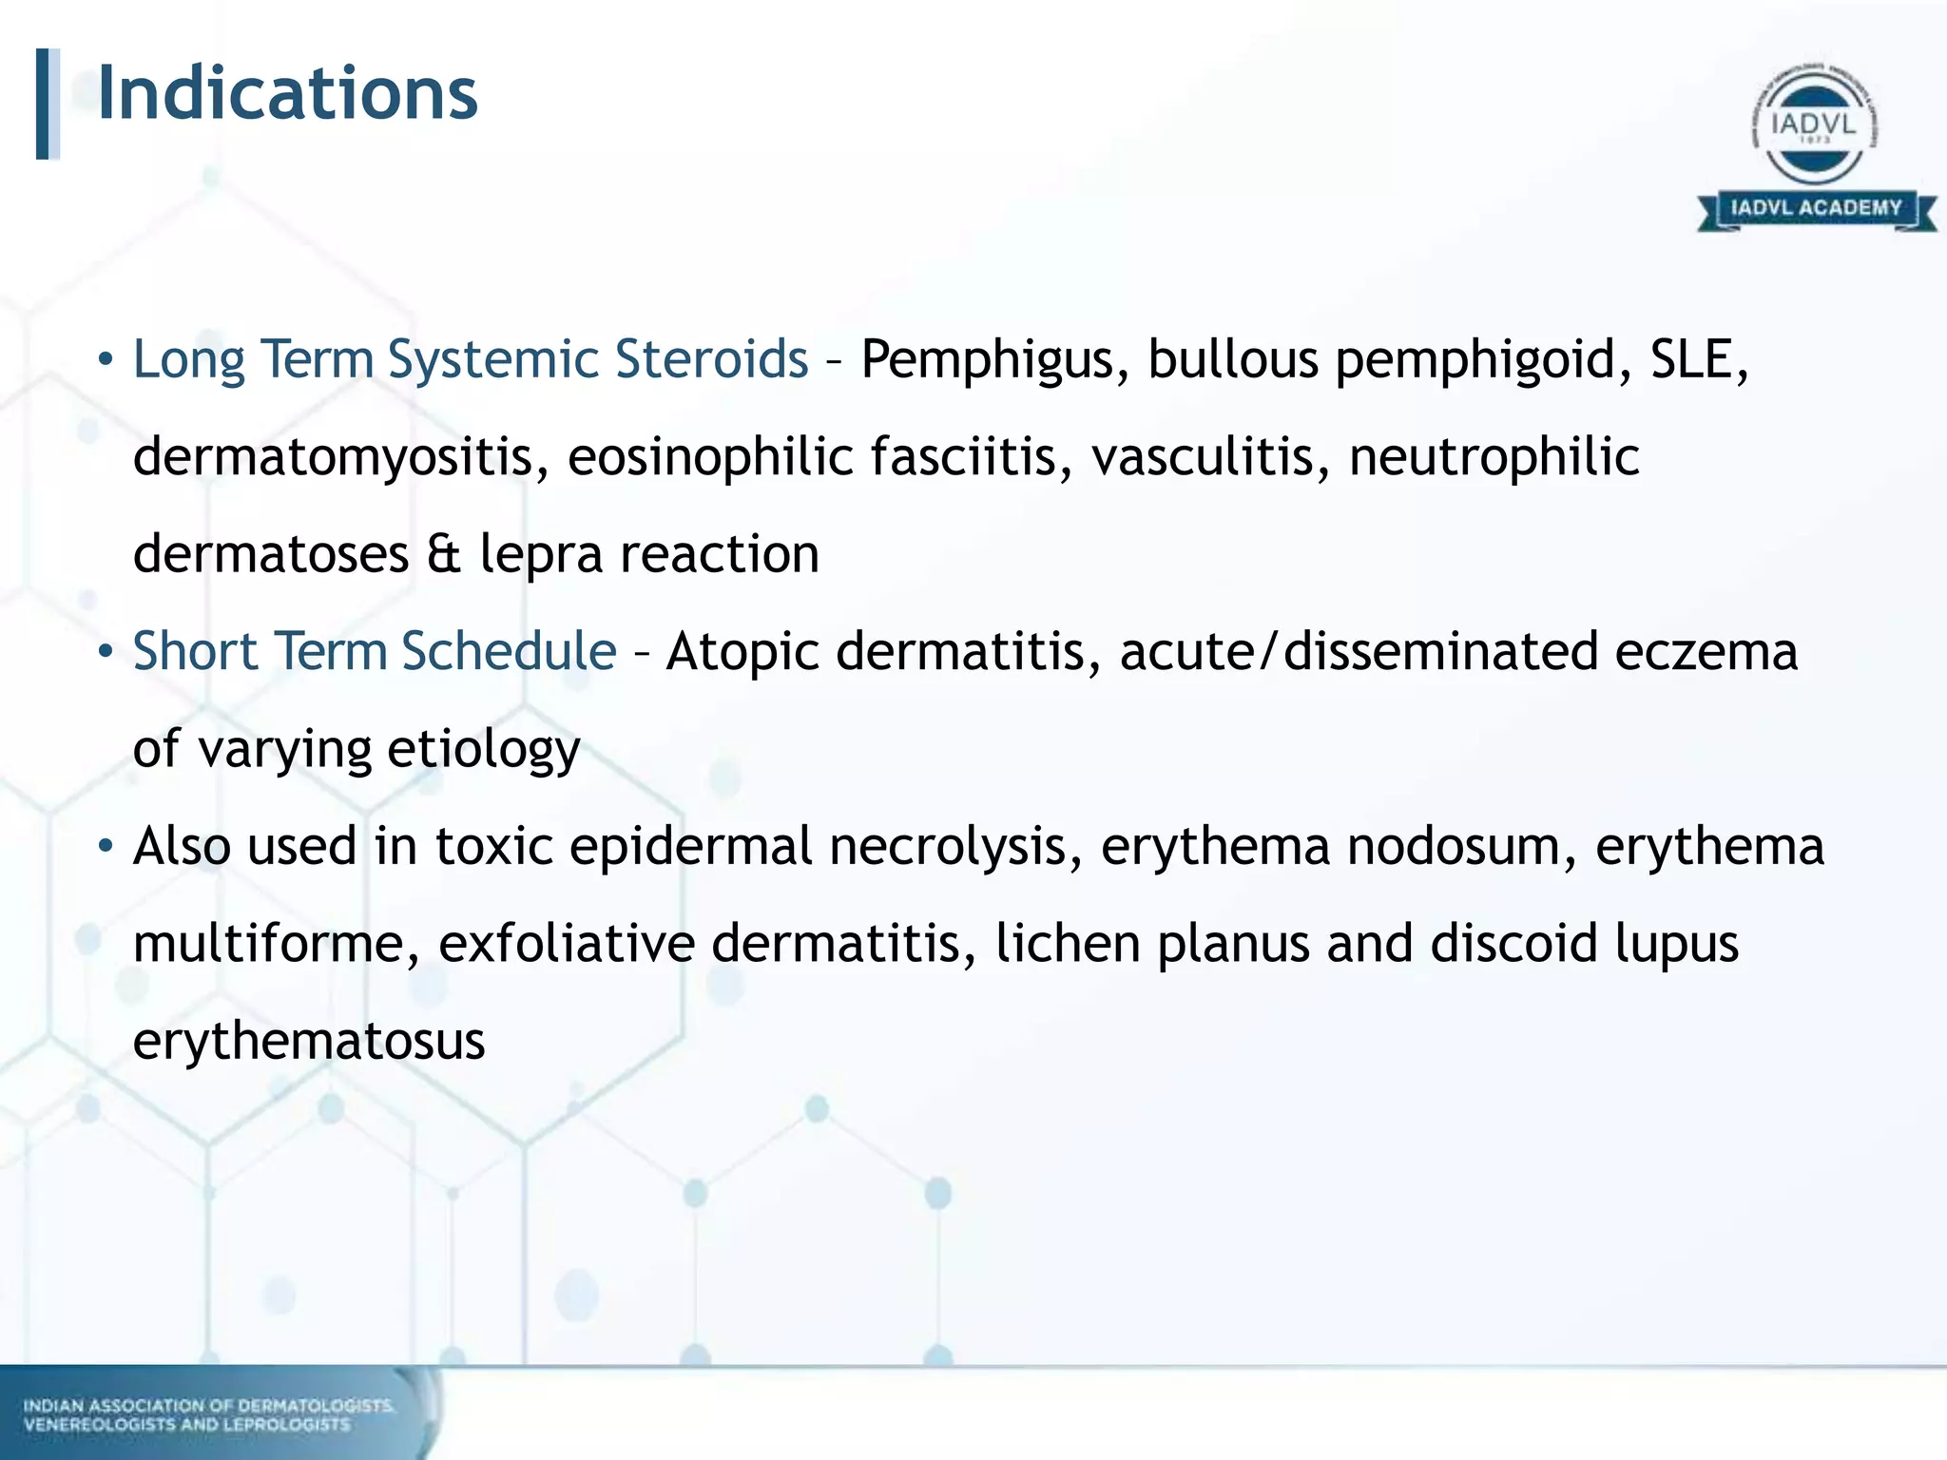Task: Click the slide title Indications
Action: tap(287, 94)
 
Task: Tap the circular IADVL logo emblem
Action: tap(1814, 125)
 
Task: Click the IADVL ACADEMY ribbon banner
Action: tap(1816, 208)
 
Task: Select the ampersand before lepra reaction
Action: tap(444, 554)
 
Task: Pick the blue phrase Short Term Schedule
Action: tap(375, 652)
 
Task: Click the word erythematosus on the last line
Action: tap(309, 1042)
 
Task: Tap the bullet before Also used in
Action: tap(106, 845)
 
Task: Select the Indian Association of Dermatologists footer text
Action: tap(208, 1414)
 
